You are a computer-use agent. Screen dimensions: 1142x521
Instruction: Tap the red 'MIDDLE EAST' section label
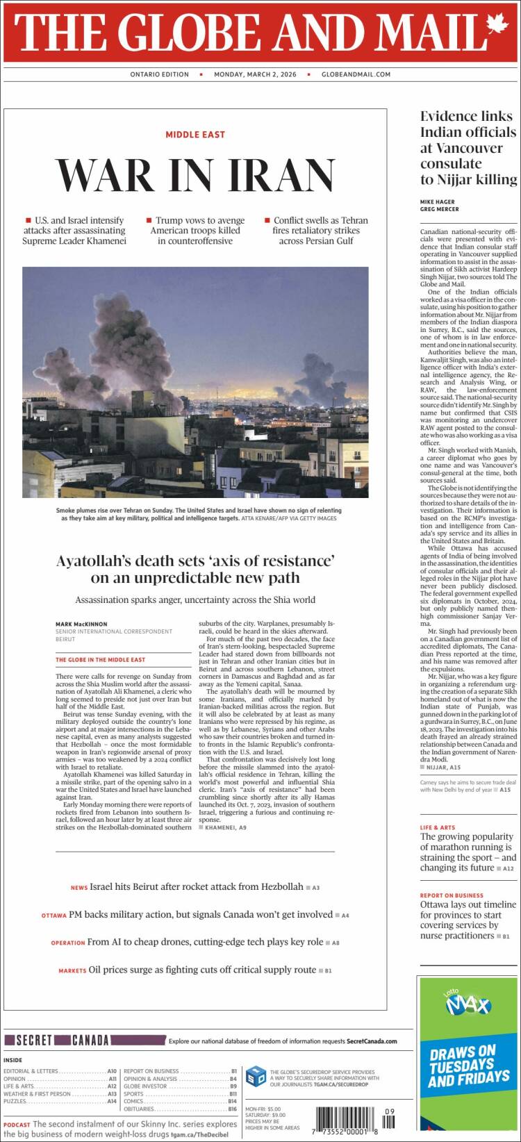pyautogui.click(x=195, y=134)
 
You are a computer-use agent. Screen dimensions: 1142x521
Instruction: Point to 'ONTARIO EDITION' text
pyautogui.click(x=159, y=74)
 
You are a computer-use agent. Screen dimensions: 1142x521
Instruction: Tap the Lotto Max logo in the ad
pyautogui.click(x=468, y=1004)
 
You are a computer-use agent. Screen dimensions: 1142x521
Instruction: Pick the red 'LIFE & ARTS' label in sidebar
pyautogui.click(x=438, y=827)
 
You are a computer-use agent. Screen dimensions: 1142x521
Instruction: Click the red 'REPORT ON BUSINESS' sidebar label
pyautogui.click(x=452, y=895)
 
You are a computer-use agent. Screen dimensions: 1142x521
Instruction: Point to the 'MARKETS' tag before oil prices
pyautogui.click(x=72, y=970)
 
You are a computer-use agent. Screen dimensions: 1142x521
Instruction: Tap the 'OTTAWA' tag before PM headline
pyautogui.click(x=53, y=916)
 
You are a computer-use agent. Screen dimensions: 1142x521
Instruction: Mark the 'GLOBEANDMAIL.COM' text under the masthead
pyautogui.click(x=356, y=74)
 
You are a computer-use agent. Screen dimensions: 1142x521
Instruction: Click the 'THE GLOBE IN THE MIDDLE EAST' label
pyautogui.click(x=101, y=659)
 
